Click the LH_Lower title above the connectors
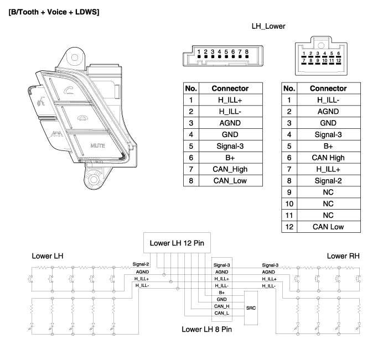click(268, 26)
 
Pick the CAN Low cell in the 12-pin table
click(328, 226)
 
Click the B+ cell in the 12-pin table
click(328, 146)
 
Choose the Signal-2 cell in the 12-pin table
click(328, 180)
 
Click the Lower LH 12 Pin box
click(177, 243)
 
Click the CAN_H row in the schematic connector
click(221, 306)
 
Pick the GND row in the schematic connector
click(221, 299)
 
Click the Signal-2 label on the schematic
click(141, 265)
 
